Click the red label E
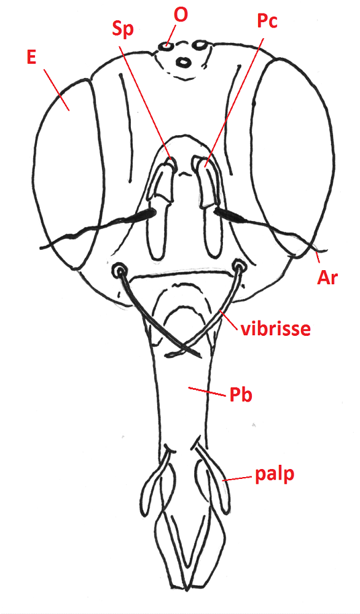click(32, 57)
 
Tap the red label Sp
click(123, 29)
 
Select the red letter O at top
click(181, 15)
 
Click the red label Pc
click(267, 21)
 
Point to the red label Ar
click(327, 278)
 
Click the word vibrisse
click(275, 328)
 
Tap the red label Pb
click(241, 395)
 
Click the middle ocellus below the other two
click(183, 62)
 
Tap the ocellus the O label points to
click(166, 47)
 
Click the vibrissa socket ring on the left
click(119, 270)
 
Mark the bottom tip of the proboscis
click(187, 589)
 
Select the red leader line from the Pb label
click(208, 392)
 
